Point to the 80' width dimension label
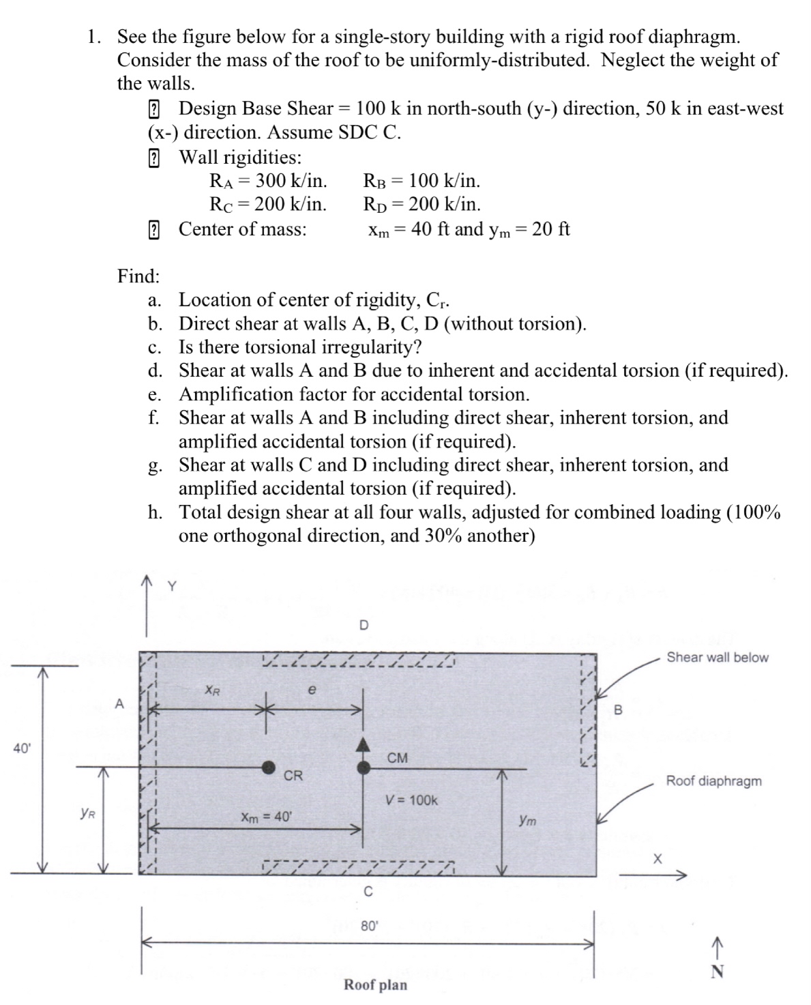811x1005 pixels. (369, 926)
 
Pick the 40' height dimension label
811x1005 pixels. (22, 748)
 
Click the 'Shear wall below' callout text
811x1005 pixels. (717, 658)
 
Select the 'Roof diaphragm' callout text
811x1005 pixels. (713, 781)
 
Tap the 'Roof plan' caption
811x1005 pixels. (375, 985)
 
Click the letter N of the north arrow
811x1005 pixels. (716, 972)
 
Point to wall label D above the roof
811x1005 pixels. (364, 625)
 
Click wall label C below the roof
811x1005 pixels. (368, 891)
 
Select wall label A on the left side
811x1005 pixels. (120, 703)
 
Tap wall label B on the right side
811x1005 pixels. (619, 710)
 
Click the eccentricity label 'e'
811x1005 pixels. (312, 690)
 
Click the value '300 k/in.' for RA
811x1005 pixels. (291, 181)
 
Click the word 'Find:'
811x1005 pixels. (138, 276)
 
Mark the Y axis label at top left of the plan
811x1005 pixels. (172, 585)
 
